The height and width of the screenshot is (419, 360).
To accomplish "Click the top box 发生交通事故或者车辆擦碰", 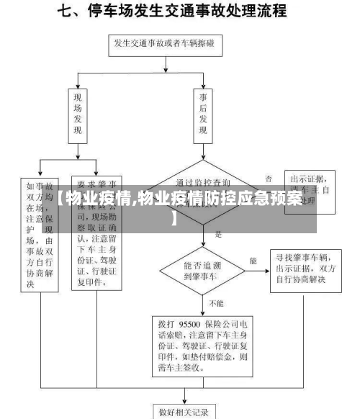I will click(x=167, y=45).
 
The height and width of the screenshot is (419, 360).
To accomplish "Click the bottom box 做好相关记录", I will click(x=184, y=412).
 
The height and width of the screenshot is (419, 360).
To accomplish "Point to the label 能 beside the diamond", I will click(x=253, y=259).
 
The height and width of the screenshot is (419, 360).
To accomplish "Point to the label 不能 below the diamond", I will click(x=216, y=303).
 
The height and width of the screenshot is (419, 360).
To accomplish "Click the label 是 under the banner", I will click(x=218, y=235).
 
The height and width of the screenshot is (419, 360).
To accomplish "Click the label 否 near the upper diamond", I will click(x=269, y=177).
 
